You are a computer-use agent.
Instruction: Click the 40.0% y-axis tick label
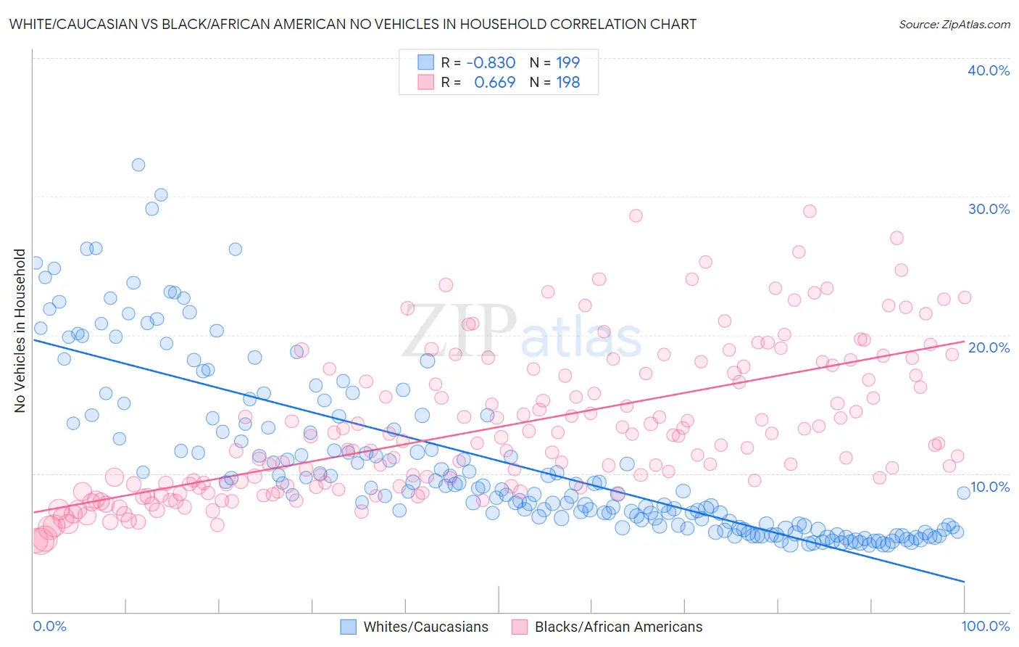(x=989, y=70)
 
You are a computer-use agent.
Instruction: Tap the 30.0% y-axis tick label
(x=989, y=209)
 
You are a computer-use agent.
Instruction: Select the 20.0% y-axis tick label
(x=989, y=347)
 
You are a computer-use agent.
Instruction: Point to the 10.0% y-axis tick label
(x=989, y=486)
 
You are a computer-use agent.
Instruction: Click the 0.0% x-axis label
(x=49, y=626)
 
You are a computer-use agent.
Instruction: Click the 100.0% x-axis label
(x=985, y=626)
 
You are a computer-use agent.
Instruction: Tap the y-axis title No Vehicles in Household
(x=20, y=331)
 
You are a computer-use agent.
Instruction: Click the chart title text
(x=353, y=25)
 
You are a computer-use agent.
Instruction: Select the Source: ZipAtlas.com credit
(x=954, y=25)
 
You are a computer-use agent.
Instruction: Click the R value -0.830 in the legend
(x=491, y=63)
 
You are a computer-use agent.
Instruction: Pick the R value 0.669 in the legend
(x=494, y=83)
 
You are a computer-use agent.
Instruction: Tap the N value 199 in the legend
(x=567, y=63)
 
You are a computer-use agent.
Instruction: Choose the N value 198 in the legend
(x=567, y=83)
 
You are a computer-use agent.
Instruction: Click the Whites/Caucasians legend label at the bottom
(x=425, y=627)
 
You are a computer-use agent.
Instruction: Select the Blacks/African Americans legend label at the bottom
(x=618, y=627)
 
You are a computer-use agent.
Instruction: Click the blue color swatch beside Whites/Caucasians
(x=349, y=627)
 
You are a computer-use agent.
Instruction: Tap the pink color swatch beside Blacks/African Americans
(x=519, y=627)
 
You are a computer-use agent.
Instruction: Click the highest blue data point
(x=138, y=165)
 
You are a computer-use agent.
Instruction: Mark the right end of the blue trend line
(x=964, y=582)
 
